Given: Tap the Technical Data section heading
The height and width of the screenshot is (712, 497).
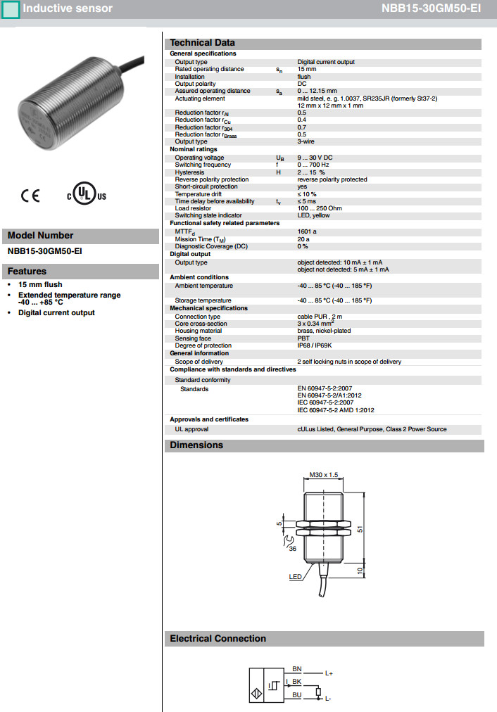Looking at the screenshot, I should [x=203, y=43].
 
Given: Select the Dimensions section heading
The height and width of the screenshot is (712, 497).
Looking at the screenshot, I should [x=196, y=445].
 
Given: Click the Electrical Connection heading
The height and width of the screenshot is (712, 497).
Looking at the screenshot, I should [x=218, y=639].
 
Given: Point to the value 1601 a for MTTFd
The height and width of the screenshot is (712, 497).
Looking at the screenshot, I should [x=307, y=231].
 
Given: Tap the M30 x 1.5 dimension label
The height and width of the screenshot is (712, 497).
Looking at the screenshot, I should [x=325, y=476].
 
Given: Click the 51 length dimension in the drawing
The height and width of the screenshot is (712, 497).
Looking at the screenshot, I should [x=359, y=529].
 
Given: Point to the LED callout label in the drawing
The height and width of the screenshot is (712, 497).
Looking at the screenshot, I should [x=295, y=577].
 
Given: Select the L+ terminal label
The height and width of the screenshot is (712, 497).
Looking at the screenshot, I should [x=329, y=673].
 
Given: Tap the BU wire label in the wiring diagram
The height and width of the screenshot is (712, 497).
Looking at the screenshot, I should [x=296, y=695].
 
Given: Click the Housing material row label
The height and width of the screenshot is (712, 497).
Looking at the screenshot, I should [x=198, y=331].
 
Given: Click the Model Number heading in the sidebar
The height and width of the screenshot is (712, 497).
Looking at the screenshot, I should [x=40, y=236].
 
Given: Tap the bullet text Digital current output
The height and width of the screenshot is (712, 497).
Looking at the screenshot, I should [x=56, y=312].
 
